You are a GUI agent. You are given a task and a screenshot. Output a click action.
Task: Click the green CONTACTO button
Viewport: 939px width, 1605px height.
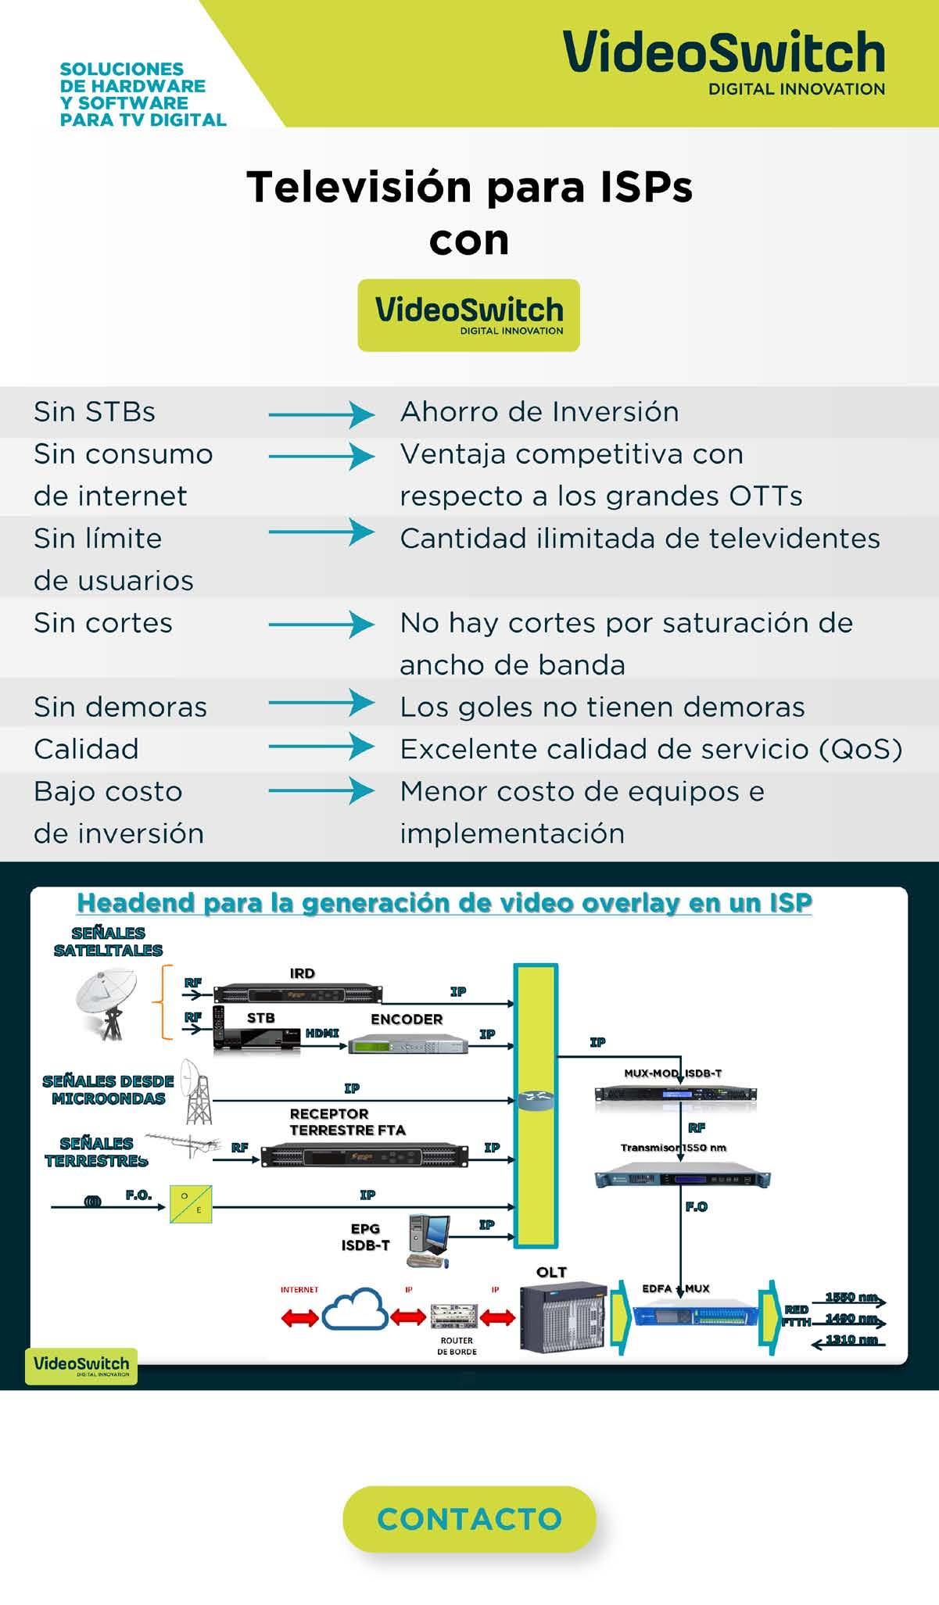coord(469,1518)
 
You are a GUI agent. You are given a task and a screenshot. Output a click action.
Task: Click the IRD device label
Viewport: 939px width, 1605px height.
coord(302,973)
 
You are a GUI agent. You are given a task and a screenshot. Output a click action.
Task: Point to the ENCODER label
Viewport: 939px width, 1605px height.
coord(407,1019)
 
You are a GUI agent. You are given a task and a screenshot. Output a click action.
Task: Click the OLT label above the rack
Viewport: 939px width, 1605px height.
coord(551,1272)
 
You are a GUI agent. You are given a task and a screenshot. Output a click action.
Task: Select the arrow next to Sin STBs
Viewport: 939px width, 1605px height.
coord(321,414)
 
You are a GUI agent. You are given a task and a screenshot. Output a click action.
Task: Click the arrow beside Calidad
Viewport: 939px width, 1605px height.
coord(321,747)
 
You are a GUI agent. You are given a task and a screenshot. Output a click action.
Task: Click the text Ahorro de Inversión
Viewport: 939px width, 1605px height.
coord(539,412)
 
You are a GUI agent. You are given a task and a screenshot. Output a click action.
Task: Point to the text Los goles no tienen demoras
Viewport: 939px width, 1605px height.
coord(602,708)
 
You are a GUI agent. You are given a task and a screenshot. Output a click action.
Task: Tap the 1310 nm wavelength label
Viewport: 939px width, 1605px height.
coord(851,1339)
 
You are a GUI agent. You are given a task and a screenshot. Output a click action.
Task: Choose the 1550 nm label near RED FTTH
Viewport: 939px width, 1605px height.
coord(851,1298)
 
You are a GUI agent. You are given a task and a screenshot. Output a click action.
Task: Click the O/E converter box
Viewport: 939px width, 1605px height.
coord(191,1203)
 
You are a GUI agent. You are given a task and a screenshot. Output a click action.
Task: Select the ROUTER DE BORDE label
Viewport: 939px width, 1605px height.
coord(457,1345)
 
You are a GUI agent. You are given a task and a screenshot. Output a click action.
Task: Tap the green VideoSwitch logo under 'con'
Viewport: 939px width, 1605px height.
coord(468,315)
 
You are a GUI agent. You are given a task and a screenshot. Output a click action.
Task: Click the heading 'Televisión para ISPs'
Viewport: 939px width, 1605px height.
coord(469,187)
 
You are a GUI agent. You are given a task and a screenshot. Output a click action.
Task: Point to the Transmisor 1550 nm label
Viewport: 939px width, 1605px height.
coord(673,1148)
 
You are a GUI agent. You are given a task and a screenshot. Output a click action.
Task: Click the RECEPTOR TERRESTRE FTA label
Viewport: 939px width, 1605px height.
coord(347,1122)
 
